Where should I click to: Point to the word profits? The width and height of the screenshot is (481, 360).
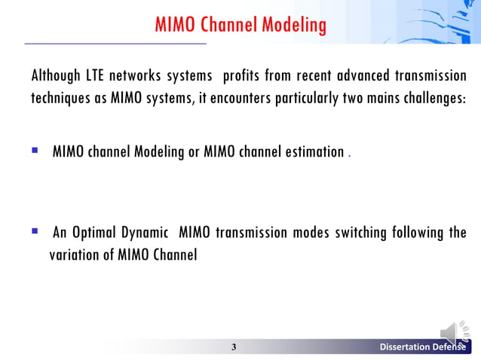click(x=248, y=77)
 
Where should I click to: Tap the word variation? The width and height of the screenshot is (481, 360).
click(x=75, y=255)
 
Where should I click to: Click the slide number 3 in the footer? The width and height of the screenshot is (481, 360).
click(x=234, y=347)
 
